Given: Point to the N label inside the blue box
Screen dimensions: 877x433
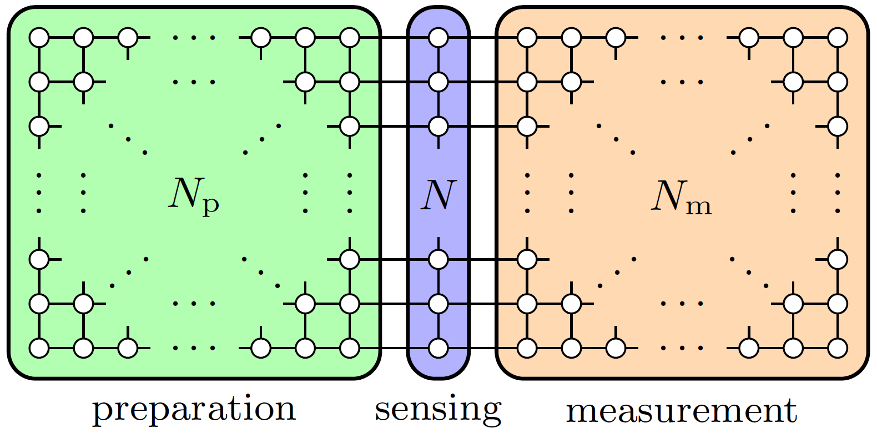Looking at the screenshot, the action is pos(438,195).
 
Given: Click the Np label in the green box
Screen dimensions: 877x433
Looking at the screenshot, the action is pos(194,197).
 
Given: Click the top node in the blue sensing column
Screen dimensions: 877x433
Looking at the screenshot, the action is pos(438,38).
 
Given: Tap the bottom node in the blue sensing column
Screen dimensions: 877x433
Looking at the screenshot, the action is pos(438,348).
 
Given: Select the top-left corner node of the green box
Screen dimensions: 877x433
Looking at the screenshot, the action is pos(39,38).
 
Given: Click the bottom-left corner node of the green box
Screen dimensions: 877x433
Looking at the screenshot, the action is pos(39,348).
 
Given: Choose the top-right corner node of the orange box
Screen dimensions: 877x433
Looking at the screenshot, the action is pos(838,38).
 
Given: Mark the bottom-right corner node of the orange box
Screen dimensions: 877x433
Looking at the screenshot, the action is pos(838,348).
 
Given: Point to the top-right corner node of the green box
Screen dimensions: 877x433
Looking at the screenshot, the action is pos(350,38).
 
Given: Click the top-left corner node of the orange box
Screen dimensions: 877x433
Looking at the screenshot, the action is pos(527,38).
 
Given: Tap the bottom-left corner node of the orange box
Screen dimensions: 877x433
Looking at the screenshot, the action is pos(527,348).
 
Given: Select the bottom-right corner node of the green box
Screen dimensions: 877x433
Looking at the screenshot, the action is pos(350,348).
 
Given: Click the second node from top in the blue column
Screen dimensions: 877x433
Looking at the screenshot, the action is pos(438,82).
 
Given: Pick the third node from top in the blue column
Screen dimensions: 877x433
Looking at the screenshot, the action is pos(438,127).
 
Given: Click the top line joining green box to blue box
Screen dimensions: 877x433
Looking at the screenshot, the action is pos(394,38).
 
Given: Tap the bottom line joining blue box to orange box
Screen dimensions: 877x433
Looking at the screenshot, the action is pos(482,348).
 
